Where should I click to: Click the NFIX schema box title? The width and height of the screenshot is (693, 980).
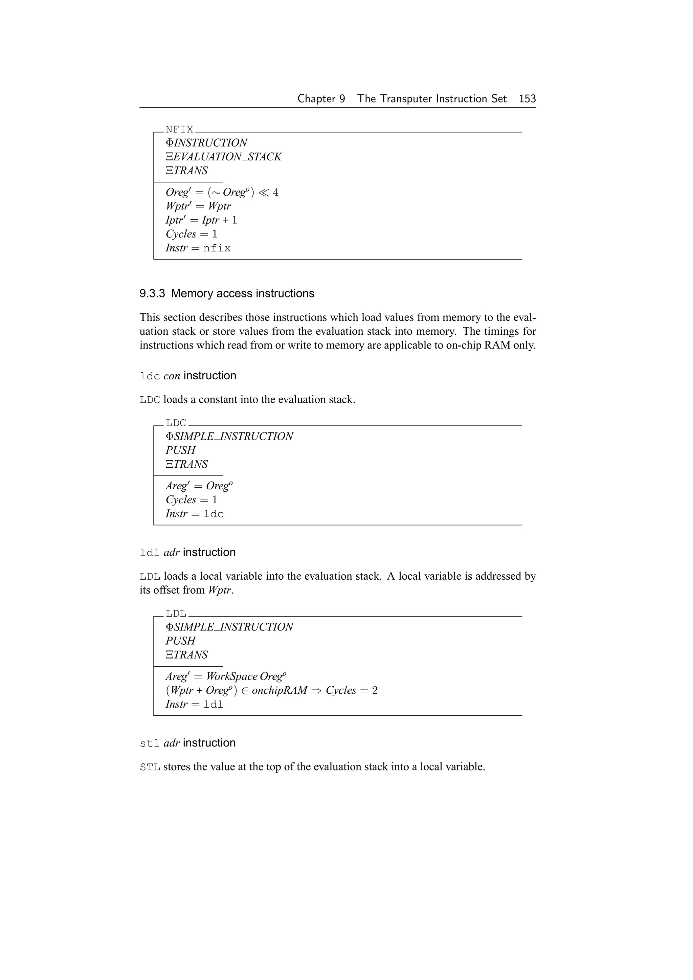[179, 129]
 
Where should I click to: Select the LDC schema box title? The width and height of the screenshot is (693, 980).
[176, 423]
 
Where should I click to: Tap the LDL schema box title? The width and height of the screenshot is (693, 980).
[176, 614]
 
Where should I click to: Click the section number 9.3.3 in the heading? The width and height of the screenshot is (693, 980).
[152, 294]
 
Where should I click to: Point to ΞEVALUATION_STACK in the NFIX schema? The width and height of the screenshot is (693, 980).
[224, 157]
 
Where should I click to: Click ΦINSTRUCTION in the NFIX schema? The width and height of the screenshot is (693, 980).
[206, 142]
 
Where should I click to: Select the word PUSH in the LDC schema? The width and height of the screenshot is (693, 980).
[180, 450]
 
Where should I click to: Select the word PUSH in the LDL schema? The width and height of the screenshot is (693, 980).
[180, 641]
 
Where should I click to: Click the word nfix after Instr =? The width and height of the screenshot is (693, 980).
[217, 248]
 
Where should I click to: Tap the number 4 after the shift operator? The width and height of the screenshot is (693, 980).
[276, 193]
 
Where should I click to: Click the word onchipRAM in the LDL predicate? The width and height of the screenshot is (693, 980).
[279, 690]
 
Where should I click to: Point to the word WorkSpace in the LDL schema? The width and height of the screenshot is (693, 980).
[232, 676]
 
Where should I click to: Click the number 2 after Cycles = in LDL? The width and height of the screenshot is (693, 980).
[375, 690]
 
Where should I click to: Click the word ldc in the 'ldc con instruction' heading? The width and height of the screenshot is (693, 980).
[150, 376]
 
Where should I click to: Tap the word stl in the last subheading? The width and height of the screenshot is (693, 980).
[150, 743]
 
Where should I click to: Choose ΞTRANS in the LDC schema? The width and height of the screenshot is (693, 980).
[186, 464]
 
